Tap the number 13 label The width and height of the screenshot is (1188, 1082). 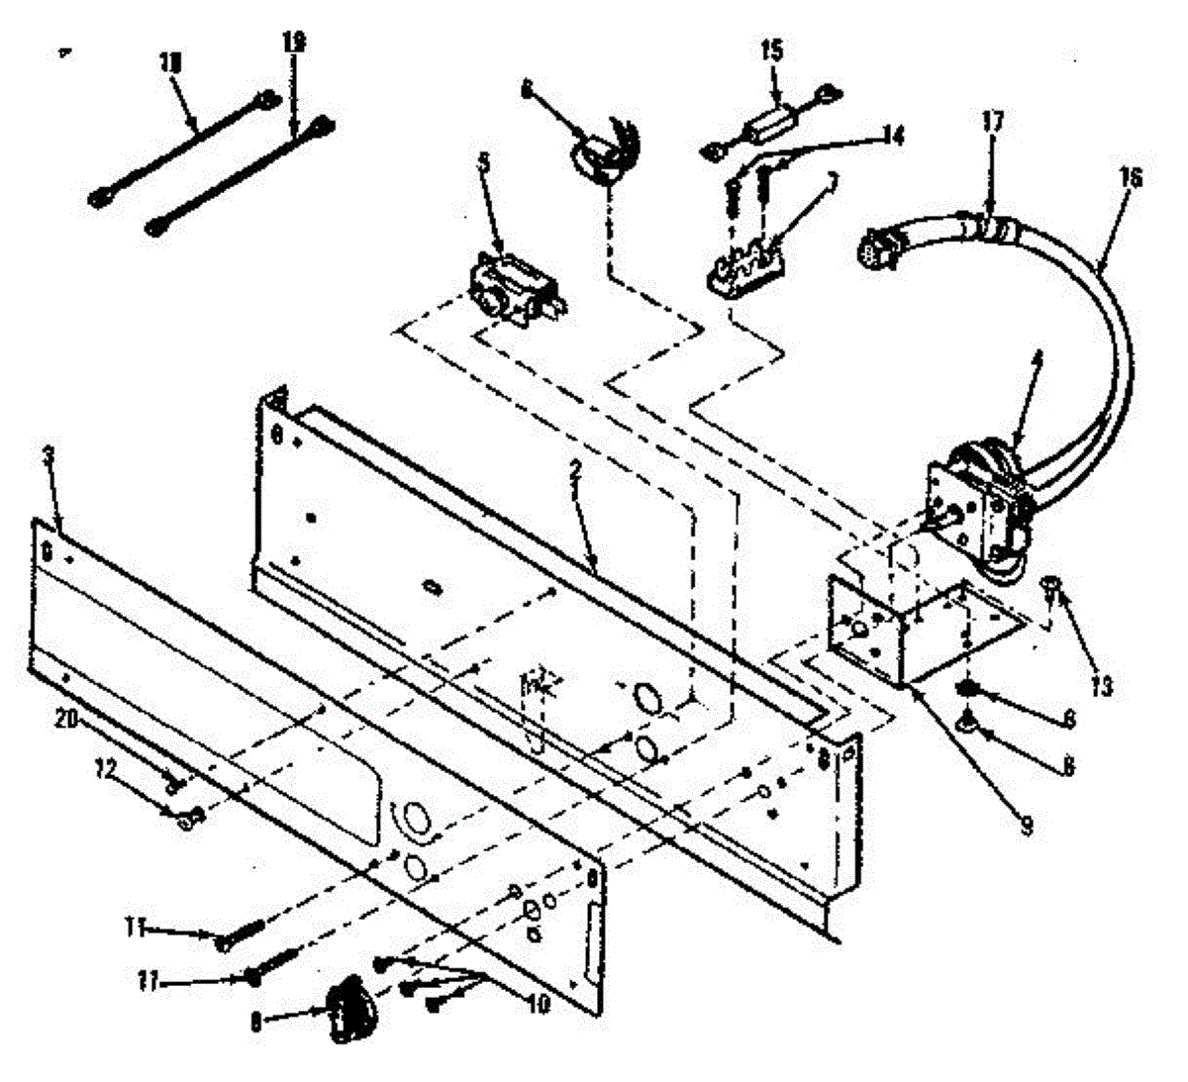(1102, 685)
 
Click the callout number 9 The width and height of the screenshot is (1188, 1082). (1027, 825)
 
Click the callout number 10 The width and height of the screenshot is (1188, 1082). (540, 1002)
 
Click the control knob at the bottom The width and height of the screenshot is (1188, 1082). (352, 1009)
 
